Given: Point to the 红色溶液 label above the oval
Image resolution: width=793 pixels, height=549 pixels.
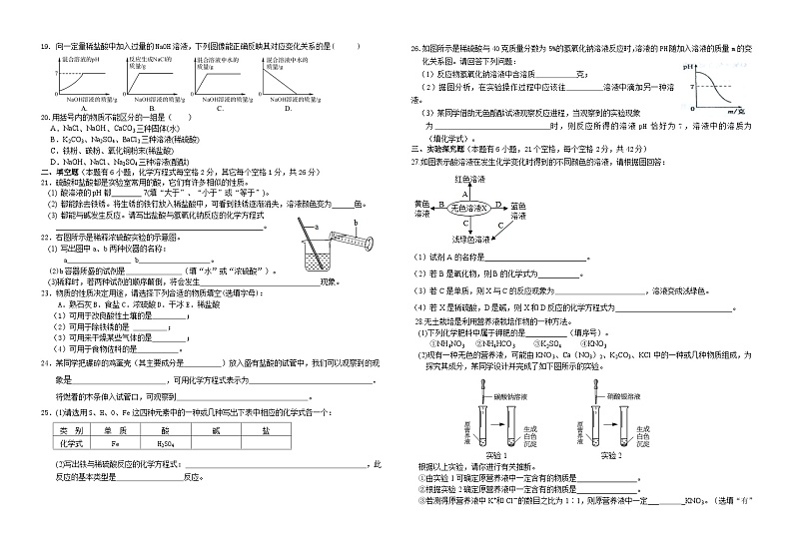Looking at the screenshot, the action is pyautogui.click(x=469, y=178).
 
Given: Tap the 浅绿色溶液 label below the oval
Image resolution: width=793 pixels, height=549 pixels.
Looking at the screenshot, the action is pyautogui.click(x=468, y=241).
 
